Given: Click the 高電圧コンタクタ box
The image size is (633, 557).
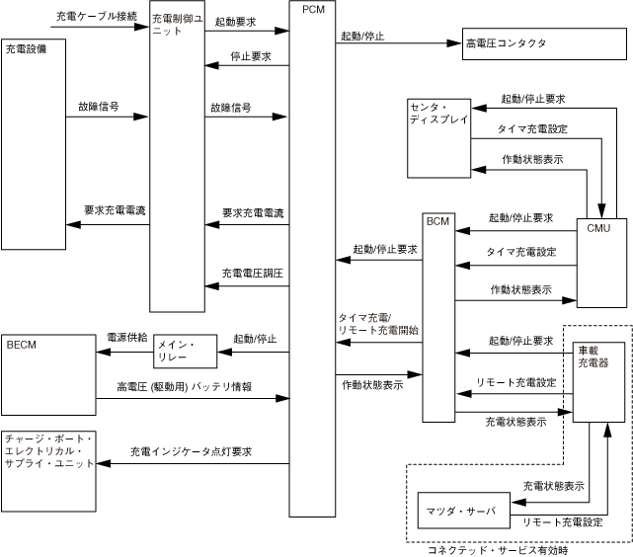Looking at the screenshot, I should pyautogui.click(x=505, y=43).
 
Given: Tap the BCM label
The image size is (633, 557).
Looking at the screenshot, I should pyautogui.click(x=437, y=221).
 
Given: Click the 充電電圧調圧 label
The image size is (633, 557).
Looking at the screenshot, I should pyautogui.click(x=253, y=273).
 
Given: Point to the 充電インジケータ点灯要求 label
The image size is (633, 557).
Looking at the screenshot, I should pyautogui.click(x=192, y=451).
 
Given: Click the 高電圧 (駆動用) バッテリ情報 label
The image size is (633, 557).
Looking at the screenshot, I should pyautogui.click(x=183, y=387).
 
